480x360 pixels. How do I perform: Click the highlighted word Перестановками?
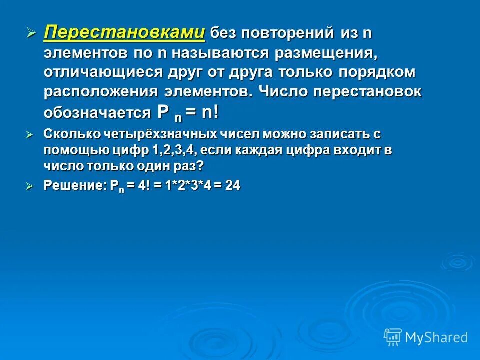coord(124,33)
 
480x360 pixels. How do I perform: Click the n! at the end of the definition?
coord(210,112)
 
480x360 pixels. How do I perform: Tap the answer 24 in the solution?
coord(232,185)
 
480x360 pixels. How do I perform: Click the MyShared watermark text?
coord(436,337)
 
